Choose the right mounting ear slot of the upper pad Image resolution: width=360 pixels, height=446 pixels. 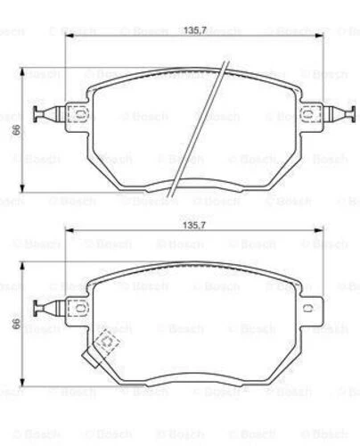310,114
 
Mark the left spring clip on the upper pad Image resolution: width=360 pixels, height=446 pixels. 43,113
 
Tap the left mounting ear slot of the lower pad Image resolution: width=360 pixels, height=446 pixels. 75,309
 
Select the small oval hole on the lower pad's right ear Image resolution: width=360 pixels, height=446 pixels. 309,309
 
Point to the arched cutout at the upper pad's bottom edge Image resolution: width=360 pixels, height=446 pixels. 192,185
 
